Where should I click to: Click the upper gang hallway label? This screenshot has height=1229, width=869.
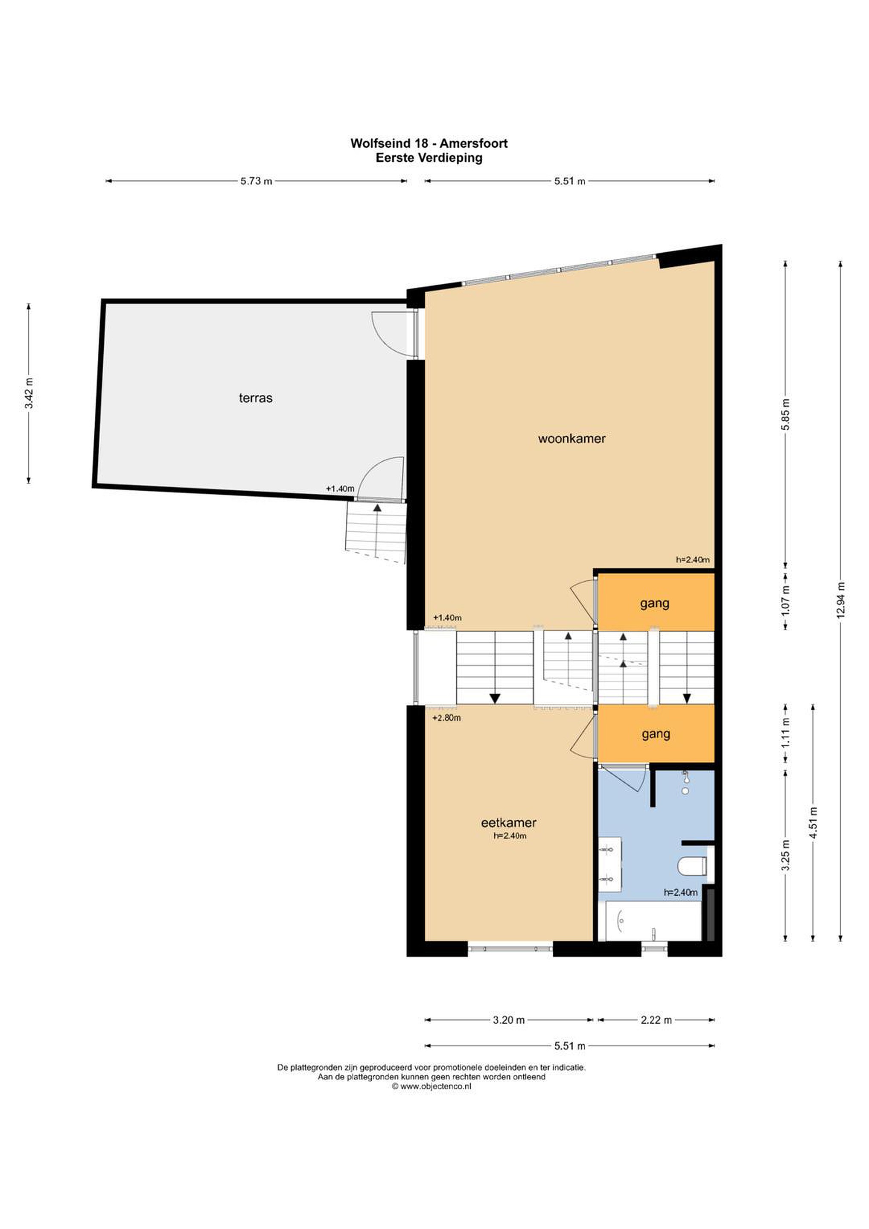[654, 604]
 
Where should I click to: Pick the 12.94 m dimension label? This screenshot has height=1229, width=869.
[840, 600]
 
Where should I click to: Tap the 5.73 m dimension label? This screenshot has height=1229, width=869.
[256, 181]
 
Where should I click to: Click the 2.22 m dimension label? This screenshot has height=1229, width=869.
[656, 1020]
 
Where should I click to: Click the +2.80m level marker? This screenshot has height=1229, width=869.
[446, 718]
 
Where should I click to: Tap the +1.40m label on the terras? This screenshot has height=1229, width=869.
[340, 489]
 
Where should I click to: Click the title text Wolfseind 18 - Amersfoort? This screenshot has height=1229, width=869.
[429, 143]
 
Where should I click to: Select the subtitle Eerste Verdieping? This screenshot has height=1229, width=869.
[429, 158]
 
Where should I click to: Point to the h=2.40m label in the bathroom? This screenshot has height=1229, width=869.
[680, 892]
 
